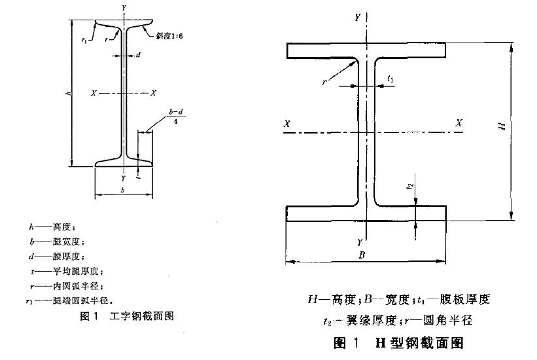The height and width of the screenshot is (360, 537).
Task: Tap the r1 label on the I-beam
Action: (x=84, y=41)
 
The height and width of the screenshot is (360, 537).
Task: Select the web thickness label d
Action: (x=139, y=55)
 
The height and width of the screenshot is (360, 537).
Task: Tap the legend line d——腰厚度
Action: (x=54, y=256)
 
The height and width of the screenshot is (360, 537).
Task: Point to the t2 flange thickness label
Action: (x=409, y=186)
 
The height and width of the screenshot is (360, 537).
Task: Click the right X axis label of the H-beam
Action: (x=459, y=123)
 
